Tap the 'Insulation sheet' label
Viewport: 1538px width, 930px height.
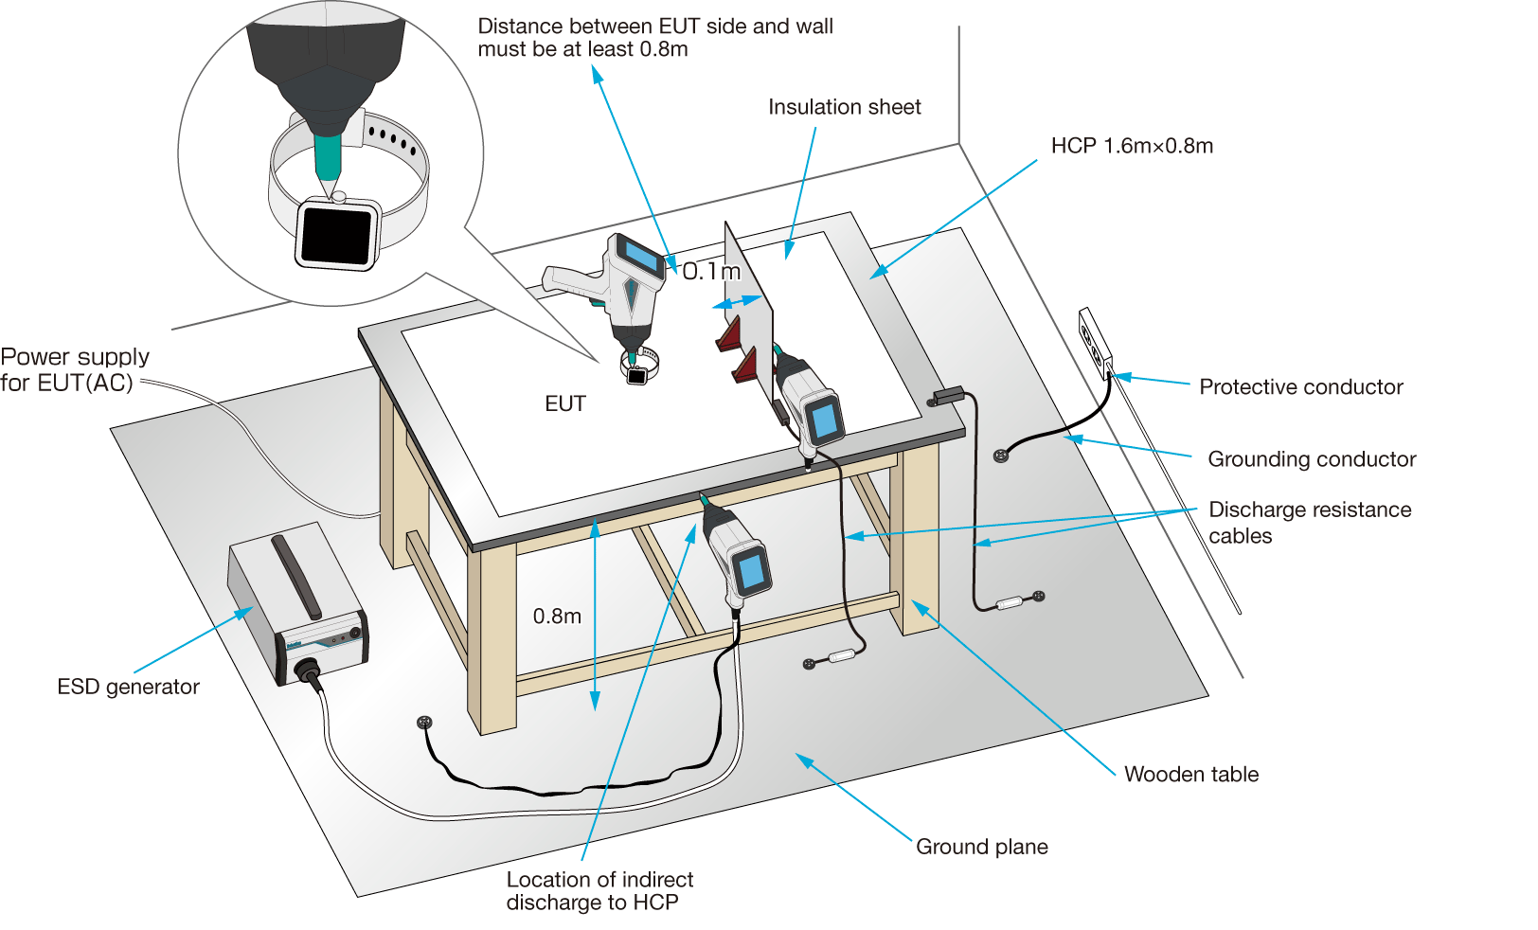pyautogui.click(x=844, y=107)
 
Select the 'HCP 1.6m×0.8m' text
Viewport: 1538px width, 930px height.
pyautogui.click(x=1132, y=146)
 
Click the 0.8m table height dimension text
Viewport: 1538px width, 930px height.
pyautogui.click(x=557, y=617)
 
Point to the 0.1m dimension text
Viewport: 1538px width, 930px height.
pyautogui.click(x=711, y=272)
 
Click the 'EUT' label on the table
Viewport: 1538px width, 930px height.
pyautogui.click(x=565, y=404)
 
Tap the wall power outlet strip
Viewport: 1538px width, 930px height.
pyautogui.click(x=1095, y=343)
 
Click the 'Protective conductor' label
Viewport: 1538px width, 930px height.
pyautogui.click(x=1300, y=387)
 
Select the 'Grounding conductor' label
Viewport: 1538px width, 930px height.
pyautogui.click(x=1312, y=459)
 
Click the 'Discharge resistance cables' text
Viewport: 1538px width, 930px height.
pyautogui.click(x=1309, y=523)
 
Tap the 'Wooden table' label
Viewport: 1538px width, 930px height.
pyautogui.click(x=1191, y=775)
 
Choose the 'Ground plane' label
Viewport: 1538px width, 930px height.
pyautogui.click(x=981, y=847)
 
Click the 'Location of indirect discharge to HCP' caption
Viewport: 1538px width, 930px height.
pyautogui.click(x=599, y=891)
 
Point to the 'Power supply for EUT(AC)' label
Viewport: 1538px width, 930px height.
pyautogui.click(x=74, y=369)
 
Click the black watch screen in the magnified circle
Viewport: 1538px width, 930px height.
pyautogui.click(x=336, y=236)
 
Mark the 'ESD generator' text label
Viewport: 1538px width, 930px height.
pyautogui.click(x=128, y=688)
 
